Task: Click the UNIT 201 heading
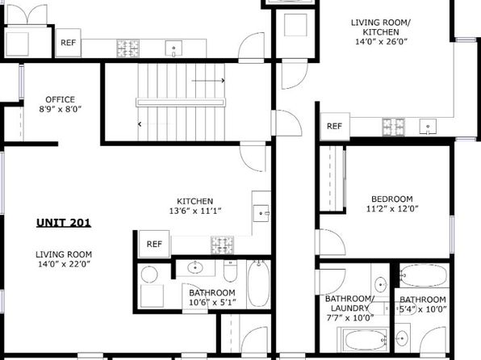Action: point(64,223)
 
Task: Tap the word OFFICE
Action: point(60,99)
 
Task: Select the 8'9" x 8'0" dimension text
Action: point(60,109)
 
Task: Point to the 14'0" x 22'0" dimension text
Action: point(64,264)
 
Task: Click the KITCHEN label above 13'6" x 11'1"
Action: point(195,201)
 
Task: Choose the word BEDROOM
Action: point(392,199)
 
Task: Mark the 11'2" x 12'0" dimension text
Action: point(392,209)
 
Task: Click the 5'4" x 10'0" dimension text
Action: point(423,309)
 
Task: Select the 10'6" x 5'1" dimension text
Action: point(212,303)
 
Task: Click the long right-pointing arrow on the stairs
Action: point(208,81)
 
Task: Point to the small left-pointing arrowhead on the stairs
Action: point(140,124)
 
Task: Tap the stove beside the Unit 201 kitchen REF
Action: point(222,245)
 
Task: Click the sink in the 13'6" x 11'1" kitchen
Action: point(261,213)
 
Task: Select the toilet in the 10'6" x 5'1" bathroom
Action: point(230,270)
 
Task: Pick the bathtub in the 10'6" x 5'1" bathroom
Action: point(258,283)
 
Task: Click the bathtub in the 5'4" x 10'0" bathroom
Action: point(424,275)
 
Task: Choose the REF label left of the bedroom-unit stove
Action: point(334,126)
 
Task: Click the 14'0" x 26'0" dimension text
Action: point(381,42)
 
